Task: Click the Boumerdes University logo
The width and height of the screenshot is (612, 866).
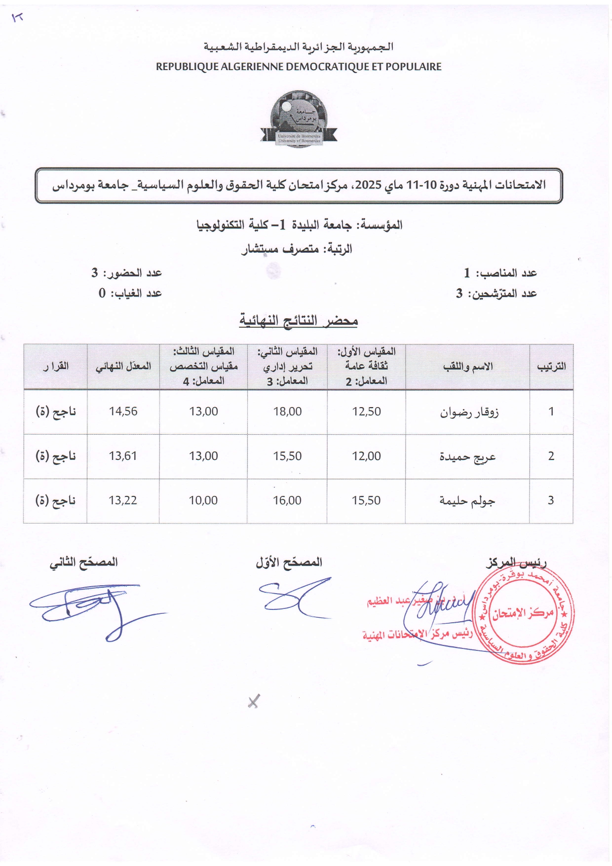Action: (x=299, y=118)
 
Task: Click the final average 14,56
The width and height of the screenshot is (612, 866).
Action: (x=123, y=412)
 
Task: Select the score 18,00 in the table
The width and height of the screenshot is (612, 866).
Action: (x=287, y=412)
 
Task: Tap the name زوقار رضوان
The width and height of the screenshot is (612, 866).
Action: (x=469, y=412)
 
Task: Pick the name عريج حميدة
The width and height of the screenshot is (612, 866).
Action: (x=467, y=456)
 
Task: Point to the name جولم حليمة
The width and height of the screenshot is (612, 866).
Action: (x=467, y=501)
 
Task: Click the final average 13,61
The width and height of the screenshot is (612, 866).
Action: (x=123, y=456)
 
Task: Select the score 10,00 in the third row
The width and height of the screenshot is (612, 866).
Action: (x=203, y=500)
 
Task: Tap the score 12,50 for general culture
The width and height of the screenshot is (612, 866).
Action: (x=366, y=412)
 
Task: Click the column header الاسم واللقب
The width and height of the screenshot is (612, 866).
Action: (x=467, y=367)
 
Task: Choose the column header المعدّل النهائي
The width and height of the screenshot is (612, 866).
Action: (x=123, y=367)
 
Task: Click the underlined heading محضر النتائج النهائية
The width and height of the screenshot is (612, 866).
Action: (x=299, y=321)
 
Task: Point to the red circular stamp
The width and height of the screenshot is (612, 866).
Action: (x=523, y=614)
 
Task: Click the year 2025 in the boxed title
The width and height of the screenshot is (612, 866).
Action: (x=368, y=186)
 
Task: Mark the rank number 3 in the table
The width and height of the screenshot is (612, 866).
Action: (x=551, y=500)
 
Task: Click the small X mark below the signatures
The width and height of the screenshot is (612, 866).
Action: (x=253, y=701)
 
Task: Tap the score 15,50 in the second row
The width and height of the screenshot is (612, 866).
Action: (x=287, y=456)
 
